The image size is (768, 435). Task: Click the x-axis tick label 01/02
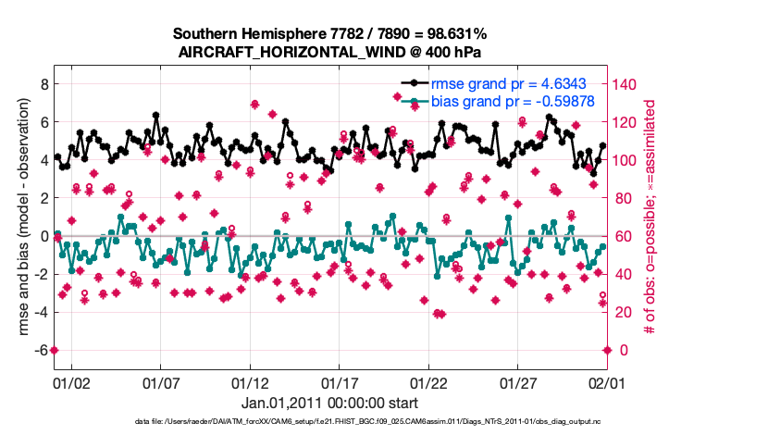coord(71,381)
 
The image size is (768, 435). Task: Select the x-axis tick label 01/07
coord(161,381)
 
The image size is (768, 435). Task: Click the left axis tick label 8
coord(42,83)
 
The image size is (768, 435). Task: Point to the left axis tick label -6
coord(39,350)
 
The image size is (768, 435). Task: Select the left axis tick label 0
coord(42,236)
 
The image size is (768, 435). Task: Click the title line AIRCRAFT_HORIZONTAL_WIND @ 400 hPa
coord(329,52)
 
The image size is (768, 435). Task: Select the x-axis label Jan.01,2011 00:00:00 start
coord(329,403)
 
